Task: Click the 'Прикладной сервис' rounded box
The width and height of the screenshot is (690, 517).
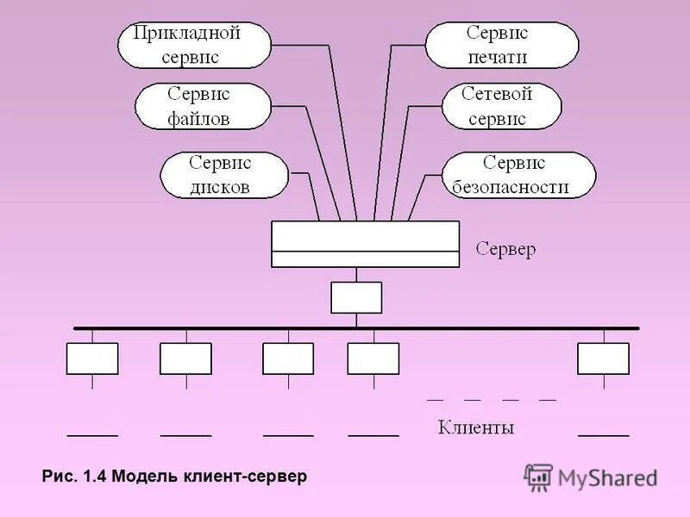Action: click(x=194, y=46)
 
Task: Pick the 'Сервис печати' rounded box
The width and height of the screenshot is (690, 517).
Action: click(x=502, y=46)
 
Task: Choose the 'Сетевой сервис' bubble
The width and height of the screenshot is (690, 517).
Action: click(x=501, y=106)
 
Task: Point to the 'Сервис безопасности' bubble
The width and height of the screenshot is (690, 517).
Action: click(x=518, y=175)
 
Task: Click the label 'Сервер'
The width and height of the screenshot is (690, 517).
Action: click(x=506, y=250)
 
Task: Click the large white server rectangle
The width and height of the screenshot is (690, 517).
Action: click(x=365, y=244)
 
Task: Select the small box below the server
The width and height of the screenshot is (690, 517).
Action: click(x=355, y=297)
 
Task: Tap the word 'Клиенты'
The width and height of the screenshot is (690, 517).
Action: click(x=476, y=427)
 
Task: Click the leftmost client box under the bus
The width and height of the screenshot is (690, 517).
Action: click(x=92, y=358)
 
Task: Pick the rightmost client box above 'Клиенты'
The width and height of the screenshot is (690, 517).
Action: click(x=603, y=358)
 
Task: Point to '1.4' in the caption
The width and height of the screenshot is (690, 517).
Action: click(x=94, y=476)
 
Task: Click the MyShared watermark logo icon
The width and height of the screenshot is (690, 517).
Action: click(x=539, y=477)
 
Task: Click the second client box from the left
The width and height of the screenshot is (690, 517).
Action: click(x=185, y=358)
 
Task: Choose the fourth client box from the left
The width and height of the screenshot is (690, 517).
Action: click(x=373, y=358)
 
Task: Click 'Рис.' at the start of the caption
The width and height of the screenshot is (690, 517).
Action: click(x=59, y=476)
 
